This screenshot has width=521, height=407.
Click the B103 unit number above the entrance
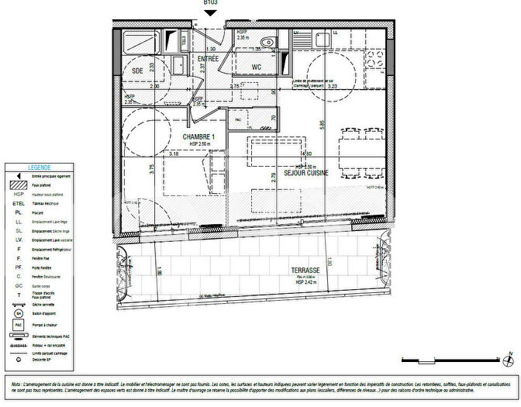(210, 3)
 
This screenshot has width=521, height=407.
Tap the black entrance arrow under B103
(210, 13)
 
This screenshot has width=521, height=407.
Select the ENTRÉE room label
(208, 59)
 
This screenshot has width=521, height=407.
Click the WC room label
(256, 67)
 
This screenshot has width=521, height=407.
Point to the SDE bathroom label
(138, 71)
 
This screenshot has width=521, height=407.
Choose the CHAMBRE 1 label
(198, 137)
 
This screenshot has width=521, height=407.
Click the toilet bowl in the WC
(267, 43)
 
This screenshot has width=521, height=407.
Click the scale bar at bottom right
(450, 360)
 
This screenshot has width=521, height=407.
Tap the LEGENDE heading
(40, 167)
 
